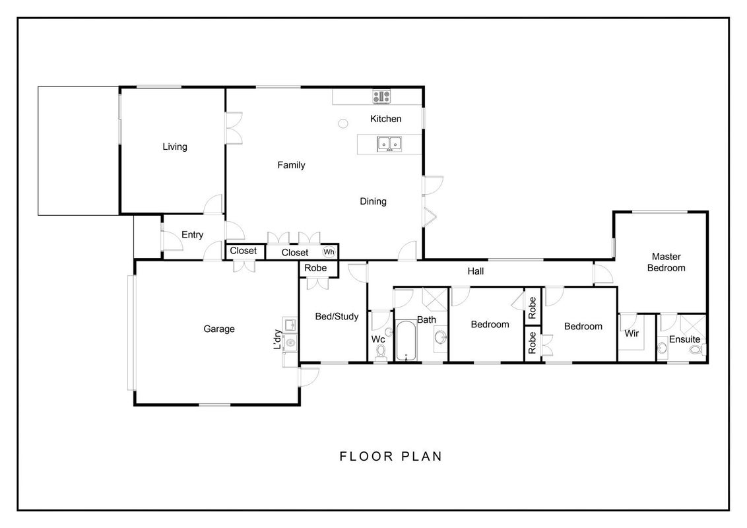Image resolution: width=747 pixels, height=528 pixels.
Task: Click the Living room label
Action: [175, 147]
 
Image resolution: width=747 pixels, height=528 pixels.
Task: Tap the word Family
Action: [291, 165]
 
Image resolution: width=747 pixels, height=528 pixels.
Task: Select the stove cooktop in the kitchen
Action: [381, 96]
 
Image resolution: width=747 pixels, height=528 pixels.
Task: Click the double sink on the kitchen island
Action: [389, 143]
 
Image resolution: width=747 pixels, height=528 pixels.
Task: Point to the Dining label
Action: [373, 201]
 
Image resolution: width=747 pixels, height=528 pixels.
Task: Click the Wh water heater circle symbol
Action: [329, 252]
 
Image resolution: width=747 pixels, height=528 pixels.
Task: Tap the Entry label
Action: [193, 234]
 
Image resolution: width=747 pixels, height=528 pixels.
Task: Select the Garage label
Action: [219, 329]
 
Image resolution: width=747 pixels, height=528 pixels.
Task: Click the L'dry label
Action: [277, 339]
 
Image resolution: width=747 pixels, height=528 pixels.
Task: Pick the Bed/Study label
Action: [337, 316]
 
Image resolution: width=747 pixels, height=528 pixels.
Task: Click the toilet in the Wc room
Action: [381, 351]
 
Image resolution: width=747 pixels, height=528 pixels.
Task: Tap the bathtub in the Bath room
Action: [406, 341]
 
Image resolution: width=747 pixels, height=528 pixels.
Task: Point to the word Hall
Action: [475, 271]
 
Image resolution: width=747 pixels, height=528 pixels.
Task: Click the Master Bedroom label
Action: [666, 262]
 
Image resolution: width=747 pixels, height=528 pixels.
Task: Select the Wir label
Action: [632, 333]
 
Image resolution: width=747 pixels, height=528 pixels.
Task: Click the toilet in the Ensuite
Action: [697, 350]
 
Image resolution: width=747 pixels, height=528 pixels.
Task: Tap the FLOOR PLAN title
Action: [391, 457]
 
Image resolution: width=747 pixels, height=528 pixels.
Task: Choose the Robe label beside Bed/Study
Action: [315, 268]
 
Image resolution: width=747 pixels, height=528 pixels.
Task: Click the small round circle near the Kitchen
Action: [343, 124]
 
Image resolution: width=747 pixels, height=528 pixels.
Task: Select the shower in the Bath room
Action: [434, 300]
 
